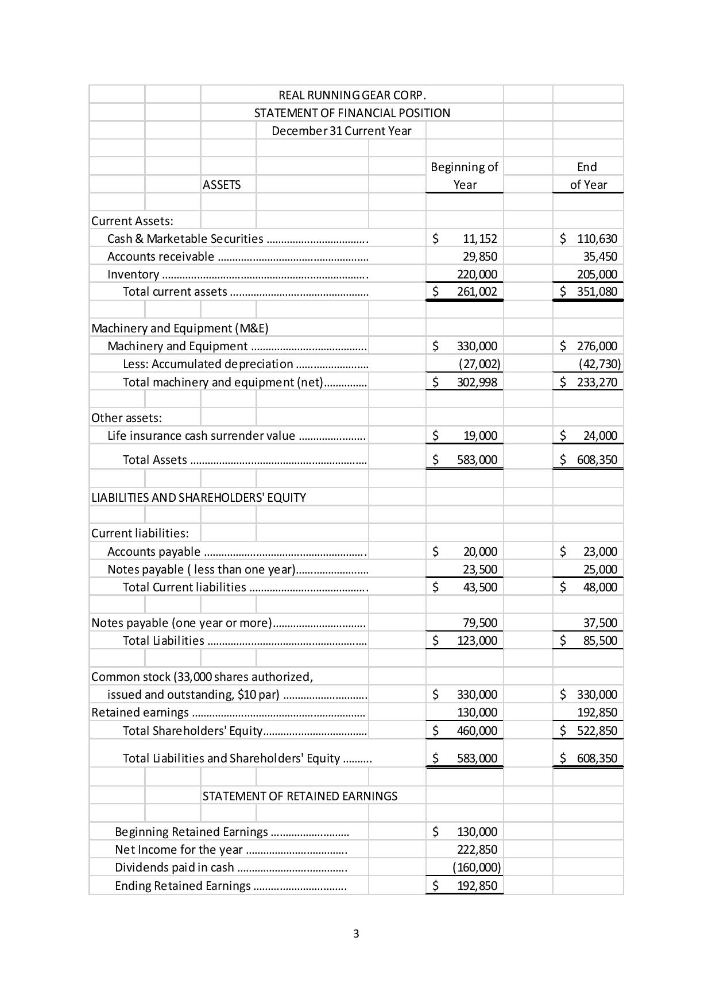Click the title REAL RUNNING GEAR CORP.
[352, 95]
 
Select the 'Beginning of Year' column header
[464, 176]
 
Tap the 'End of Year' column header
[588, 176]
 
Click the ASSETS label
[222, 184]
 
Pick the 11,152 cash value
[479, 238]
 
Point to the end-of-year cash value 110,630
[597, 238]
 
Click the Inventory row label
[133, 274]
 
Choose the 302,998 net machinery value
[477, 382]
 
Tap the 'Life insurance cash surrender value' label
[201, 436]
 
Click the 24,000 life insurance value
[600, 436]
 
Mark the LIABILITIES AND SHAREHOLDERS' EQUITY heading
[199, 497]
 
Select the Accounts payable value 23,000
[600, 552]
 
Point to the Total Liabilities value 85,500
[600, 641]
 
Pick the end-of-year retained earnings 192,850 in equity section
[597, 712]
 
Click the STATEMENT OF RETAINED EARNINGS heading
[300, 796]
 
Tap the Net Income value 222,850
[477, 850]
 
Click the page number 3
[356, 934]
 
